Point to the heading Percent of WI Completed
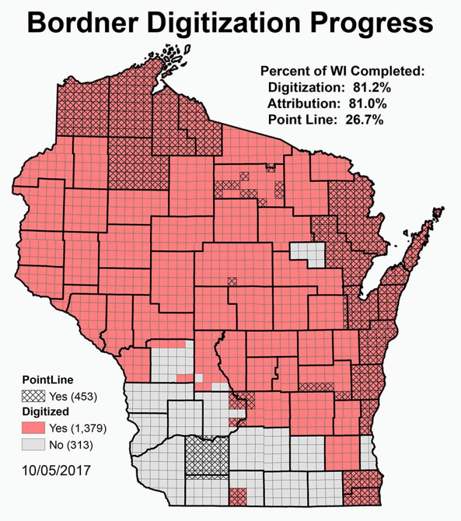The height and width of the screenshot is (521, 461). tap(343, 71)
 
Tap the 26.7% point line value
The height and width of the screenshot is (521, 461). tap(364, 119)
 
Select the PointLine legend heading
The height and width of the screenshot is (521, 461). tap(47, 380)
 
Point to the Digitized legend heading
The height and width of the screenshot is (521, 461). tap(46, 412)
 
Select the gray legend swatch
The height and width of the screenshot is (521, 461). tap(35, 445)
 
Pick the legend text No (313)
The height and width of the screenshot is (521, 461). tap(73, 445)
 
